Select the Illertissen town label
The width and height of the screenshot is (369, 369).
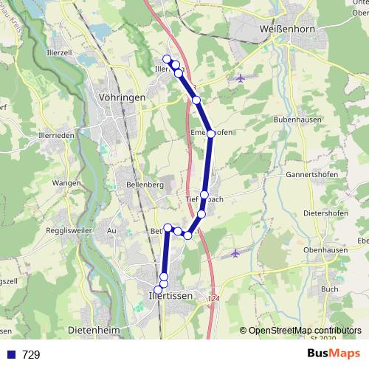coord(165,295)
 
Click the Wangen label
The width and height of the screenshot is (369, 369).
coord(66,182)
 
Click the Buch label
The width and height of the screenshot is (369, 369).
coord(330,289)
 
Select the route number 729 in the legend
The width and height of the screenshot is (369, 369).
coord(31,355)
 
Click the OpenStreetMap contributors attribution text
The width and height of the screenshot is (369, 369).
coord(304,331)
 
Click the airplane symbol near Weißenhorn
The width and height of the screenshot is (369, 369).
coord(241,77)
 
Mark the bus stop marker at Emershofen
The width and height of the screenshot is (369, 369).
coord(211,134)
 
